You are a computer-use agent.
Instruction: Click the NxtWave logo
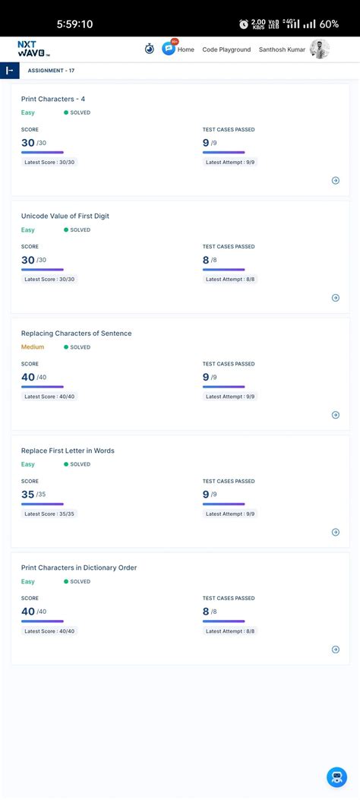(33, 49)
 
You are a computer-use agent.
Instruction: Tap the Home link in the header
(185, 49)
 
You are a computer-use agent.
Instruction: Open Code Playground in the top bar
(226, 49)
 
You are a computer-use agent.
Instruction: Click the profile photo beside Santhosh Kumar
(319, 49)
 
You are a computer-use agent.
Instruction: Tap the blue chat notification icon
(169, 49)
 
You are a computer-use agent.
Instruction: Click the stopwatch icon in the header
(150, 49)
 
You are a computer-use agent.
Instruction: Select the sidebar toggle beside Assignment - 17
(9, 71)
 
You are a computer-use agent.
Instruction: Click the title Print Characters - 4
(58, 99)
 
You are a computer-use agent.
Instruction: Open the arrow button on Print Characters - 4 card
(336, 181)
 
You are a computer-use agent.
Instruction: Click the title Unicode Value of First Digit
(65, 216)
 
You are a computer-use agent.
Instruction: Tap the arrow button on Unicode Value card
(336, 298)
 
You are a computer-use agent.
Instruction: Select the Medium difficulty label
(33, 347)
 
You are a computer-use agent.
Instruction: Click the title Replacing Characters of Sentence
(76, 334)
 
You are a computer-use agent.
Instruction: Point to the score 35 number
(28, 495)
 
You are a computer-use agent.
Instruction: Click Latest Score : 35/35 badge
(49, 514)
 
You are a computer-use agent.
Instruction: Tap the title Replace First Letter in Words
(68, 451)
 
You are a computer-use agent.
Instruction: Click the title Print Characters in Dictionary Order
(79, 568)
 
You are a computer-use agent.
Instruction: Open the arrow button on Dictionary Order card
(336, 650)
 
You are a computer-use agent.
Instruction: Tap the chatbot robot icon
(336, 776)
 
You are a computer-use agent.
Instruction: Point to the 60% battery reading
(329, 24)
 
